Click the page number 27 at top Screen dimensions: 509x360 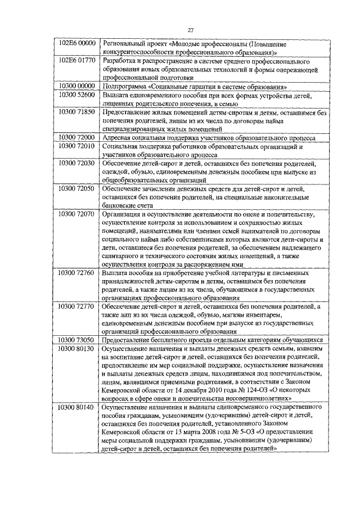(x=191, y=30)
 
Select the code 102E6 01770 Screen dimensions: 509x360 (x=79, y=60)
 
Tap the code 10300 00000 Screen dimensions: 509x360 (x=79, y=87)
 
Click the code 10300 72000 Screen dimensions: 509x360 (x=79, y=137)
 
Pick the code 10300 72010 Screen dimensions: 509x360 (x=79, y=146)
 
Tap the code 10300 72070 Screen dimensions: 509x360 (x=79, y=214)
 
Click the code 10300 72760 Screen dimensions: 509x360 (x=79, y=273)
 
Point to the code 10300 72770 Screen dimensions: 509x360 (x=79, y=307)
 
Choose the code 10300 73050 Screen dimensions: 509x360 (x=79, y=340)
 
